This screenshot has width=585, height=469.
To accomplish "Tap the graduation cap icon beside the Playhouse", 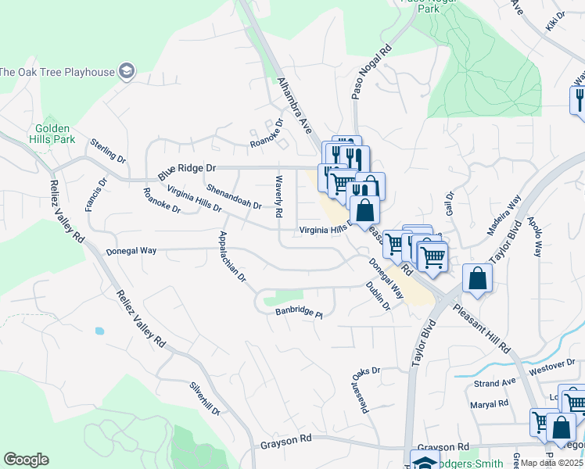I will click(126, 72).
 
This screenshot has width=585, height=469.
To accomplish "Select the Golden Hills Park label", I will click(53, 134).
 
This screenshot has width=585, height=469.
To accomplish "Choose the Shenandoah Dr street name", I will click(234, 195).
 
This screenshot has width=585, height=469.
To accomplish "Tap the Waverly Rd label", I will click(278, 196).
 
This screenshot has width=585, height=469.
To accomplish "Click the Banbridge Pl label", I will click(299, 313).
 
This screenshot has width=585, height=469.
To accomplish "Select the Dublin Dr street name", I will click(378, 296).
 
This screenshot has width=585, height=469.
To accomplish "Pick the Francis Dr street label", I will click(95, 195).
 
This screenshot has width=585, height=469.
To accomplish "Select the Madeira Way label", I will click(504, 217).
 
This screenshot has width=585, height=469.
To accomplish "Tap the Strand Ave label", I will click(495, 382).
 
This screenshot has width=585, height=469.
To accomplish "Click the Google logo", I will click(26, 460).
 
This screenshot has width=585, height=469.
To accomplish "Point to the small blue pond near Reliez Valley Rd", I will click(99, 331).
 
